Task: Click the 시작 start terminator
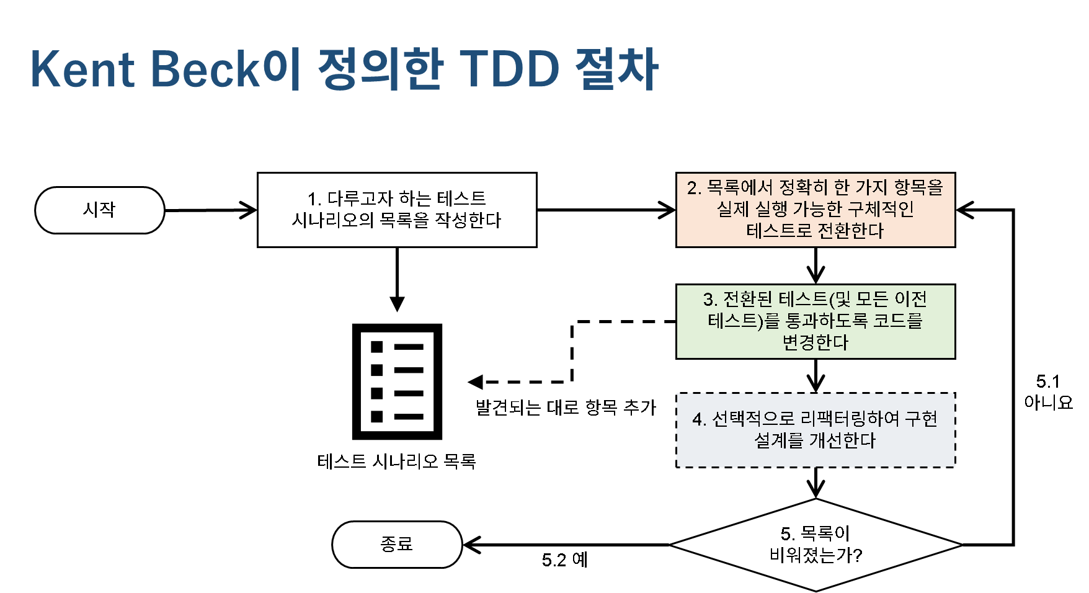pos(99,210)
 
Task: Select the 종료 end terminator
pos(397,545)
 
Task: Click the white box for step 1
pos(397,210)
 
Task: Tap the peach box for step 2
pos(816,210)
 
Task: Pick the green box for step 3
pos(816,321)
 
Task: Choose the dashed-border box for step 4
pos(816,430)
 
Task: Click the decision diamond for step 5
pos(816,545)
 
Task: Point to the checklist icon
pos(397,381)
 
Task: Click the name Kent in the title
pos(82,69)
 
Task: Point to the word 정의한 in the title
pos(380,69)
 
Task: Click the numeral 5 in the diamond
pos(786,533)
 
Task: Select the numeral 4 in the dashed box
pos(698,420)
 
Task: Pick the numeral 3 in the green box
pos(709,300)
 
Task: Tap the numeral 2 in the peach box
pos(693,188)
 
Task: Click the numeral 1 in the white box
pos(313,199)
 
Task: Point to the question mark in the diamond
pos(858,555)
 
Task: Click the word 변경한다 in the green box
pos(816,342)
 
